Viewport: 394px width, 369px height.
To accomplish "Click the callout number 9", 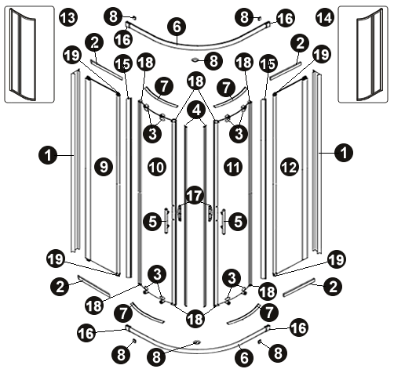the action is pyautogui.click(x=104, y=167).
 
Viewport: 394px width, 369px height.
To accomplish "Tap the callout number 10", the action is pyautogui.click(x=157, y=167).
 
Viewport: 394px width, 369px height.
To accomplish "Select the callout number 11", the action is pyautogui.click(x=233, y=167).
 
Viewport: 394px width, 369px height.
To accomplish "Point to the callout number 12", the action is pyautogui.click(x=290, y=167).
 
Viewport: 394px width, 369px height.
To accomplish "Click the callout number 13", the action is pyautogui.click(x=68, y=17).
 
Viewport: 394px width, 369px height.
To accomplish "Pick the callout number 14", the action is pyautogui.click(x=325, y=17).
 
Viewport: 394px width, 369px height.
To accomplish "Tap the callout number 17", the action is pyautogui.click(x=194, y=196).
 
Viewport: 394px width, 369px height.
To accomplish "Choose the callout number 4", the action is pyautogui.click(x=196, y=110).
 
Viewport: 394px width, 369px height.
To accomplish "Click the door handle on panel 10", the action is pyautogui.click(x=166, y=221).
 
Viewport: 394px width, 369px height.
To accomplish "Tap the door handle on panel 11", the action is pyautogui.click(x=223, y=222).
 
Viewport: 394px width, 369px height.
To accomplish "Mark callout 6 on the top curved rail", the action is pyautogui.click(x=177, y=27).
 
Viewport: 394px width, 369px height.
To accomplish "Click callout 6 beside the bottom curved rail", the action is pyautogui.click(x=244, y=358).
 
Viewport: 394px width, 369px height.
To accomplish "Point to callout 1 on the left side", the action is pyautogui.click(x=48, y=155).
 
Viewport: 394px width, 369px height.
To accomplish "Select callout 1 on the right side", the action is pyautogui.click(x=344, y=153).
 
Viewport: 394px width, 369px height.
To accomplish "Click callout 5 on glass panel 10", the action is pyautogui.click(x=152, y=222).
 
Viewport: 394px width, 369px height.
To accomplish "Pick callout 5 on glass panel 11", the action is pyautogui.click(x=238, y=222).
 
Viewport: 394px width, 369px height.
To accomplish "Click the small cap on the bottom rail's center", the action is pyautogui.click(x=196, y=342).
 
